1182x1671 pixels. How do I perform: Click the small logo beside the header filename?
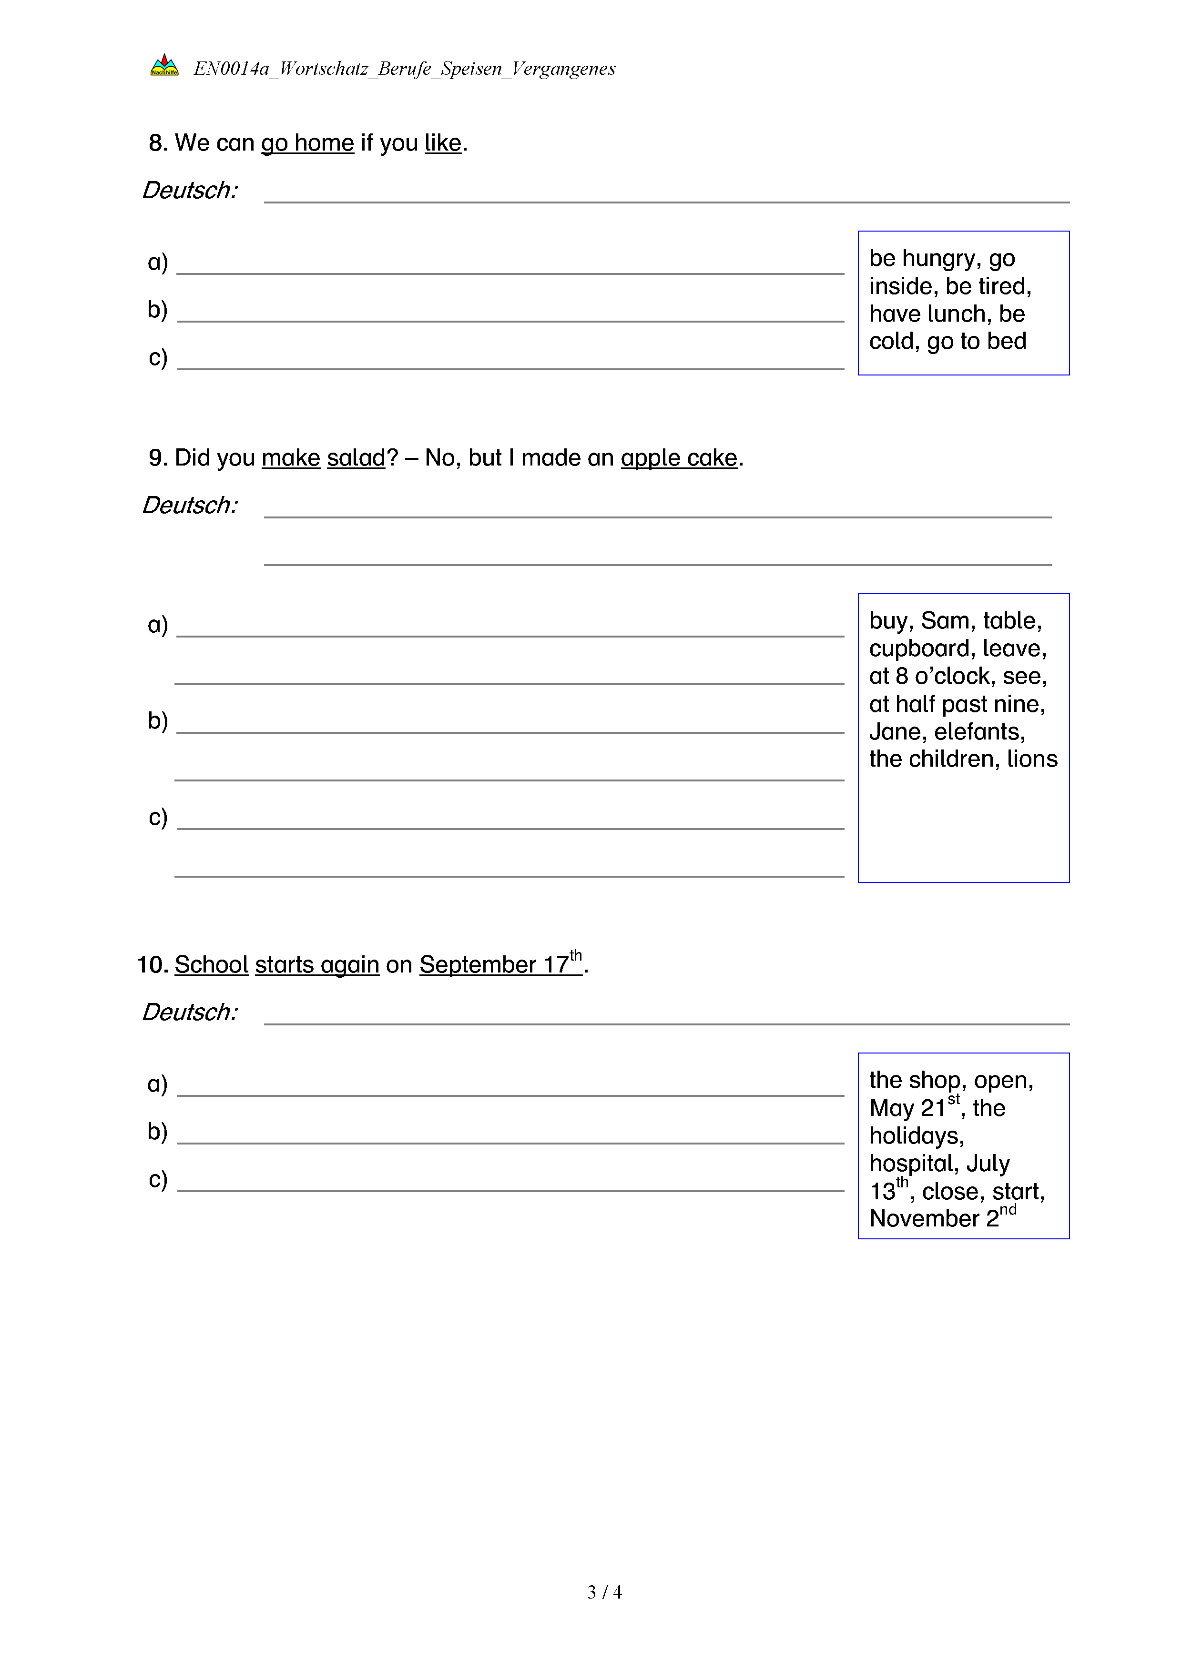tap(164, 66)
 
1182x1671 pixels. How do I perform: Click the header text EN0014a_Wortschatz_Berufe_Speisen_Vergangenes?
tap(404, 69)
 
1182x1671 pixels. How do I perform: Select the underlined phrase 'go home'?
tap(307, 143)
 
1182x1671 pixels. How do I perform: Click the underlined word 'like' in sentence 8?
tap(442, 143)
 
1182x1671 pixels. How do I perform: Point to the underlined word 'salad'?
tap(356, 458)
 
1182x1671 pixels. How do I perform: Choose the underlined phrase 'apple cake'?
tap(679, 458)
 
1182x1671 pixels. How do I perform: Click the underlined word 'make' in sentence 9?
tap(290, 458)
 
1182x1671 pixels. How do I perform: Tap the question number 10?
tap(152, 965)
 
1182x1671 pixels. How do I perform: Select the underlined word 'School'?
tap(212, 965)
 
